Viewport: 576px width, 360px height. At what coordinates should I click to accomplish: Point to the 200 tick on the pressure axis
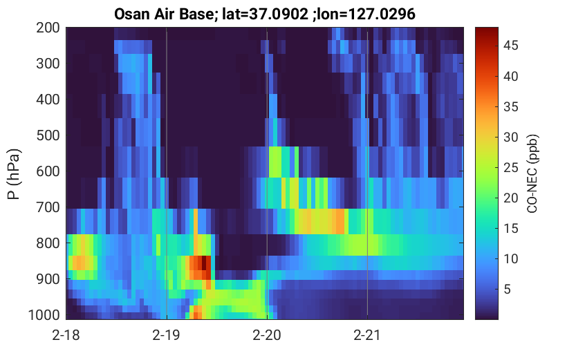coord(48,28)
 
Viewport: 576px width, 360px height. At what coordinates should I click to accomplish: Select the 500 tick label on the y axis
coord(48,135)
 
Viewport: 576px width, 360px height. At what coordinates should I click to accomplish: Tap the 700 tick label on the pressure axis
coord(48,207)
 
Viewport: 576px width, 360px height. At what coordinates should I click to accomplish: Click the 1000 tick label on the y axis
coord(44,315)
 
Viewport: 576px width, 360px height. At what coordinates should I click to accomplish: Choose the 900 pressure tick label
coord(48,279)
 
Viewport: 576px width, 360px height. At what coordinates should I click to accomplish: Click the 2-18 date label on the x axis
coord(66,335)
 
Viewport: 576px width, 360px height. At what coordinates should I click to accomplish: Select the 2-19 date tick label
coord(167,335)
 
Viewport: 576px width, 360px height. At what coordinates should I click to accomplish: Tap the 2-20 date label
coord(267,335)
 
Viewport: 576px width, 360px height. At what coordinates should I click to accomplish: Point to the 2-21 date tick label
coord(367,335)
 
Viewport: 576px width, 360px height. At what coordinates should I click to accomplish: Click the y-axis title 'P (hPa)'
coord(14,173)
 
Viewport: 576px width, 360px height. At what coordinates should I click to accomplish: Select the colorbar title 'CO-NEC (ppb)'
coord(532,173)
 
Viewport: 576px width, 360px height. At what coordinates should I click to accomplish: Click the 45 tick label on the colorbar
coord(510,46)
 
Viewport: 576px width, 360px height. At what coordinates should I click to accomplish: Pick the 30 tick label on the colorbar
coord(510,138)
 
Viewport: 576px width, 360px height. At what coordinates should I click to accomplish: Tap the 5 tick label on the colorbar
coord(508,289)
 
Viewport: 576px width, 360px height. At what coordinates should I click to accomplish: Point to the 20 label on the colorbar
coord(510,198)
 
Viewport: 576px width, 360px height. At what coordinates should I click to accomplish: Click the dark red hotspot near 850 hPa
coord(204,263)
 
